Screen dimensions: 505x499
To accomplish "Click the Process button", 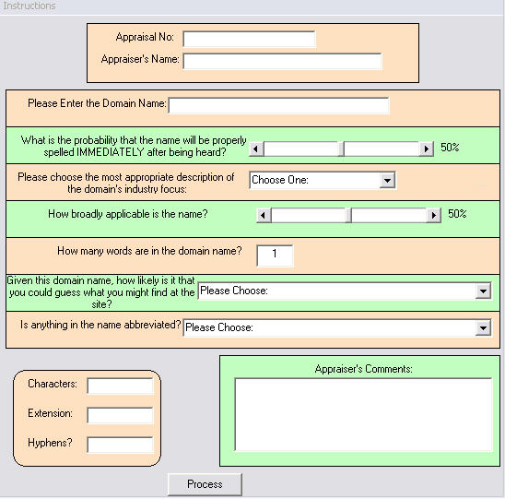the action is (x=205, y=484).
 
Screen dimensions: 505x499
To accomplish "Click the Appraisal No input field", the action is (x=250, y=39).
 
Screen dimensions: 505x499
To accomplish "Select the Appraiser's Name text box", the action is (x=283, y=61).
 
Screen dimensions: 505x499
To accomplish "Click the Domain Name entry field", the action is (x=278, y=105).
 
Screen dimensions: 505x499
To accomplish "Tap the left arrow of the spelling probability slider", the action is (x=257, y=149).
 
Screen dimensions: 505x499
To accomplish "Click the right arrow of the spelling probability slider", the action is (x=427, y=149).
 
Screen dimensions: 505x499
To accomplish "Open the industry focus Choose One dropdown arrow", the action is (x=387, y=180).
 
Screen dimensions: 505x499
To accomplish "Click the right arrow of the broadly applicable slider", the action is (x=434, y=215).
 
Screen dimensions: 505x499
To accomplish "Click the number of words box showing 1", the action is (x=275, y=255).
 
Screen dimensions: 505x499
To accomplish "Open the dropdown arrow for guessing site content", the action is (x=483, y=291).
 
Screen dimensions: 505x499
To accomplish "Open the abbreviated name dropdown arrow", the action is (x=483, y=328).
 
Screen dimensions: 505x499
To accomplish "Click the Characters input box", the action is (x=120, y=386).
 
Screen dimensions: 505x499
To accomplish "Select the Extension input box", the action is (x=120, y=415).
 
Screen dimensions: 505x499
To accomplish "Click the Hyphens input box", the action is (x=120, y=445).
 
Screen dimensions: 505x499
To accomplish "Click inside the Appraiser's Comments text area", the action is (x=364, y=414).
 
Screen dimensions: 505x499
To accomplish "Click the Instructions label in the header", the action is (x=29, y=6).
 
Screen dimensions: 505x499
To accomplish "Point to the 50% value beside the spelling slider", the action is (x=450, y=148).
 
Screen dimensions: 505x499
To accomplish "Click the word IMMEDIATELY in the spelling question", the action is (x=111, y=152).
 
